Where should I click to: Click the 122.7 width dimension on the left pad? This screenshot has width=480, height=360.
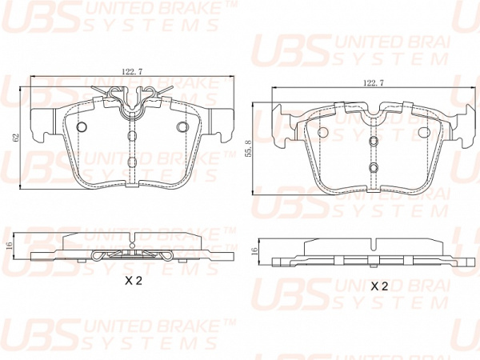(x=132, y=72)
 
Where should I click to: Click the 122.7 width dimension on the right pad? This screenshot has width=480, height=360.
(x=373, y=82)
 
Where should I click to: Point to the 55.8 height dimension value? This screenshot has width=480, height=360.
(x=249, y=149)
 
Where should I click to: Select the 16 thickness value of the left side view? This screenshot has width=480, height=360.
(x=9, y=246)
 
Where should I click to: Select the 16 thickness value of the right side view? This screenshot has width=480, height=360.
(x=254, y=252)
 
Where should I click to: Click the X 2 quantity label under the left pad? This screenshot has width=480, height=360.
(x=134, y=281)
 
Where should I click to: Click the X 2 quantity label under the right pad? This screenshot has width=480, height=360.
(x=379, y=286)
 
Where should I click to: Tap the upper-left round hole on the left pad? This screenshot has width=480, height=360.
(x=82, y=126)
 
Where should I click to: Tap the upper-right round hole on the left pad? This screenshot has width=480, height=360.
(x=182, y=126)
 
